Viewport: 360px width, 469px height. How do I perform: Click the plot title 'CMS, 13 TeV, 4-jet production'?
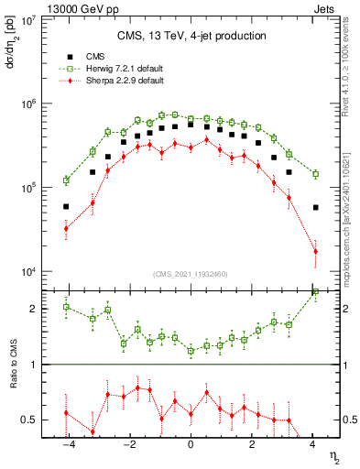point(191,36)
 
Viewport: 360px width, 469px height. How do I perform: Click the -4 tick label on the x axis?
point(67,445)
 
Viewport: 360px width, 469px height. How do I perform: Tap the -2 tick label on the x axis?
point(128,445)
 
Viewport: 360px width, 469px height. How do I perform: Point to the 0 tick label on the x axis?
point(191,445)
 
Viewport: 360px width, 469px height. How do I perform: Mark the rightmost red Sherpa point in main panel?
point(315,251)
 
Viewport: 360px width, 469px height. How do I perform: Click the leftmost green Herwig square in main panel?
point(66,180)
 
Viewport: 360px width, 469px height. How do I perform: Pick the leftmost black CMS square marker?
point(66,207)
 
